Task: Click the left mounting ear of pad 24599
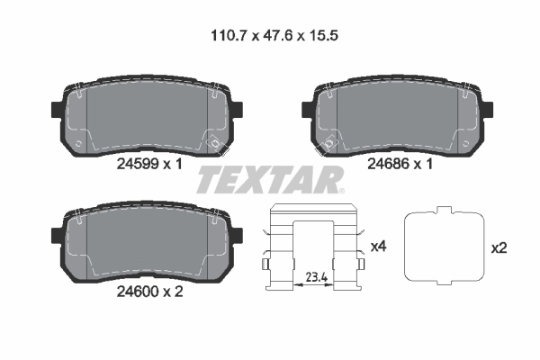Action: click(56, 111)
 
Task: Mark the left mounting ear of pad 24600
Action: click(56, 237)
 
